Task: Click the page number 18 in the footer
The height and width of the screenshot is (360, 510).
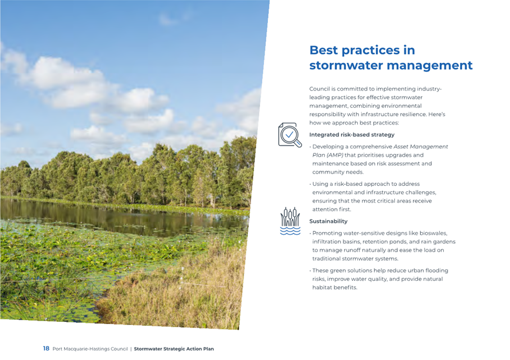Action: pos(46,348)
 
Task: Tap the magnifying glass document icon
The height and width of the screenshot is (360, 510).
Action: pos(290,135)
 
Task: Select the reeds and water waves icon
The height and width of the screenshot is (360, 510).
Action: pos(290,221)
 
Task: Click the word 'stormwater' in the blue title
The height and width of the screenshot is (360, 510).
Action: pos(346,65)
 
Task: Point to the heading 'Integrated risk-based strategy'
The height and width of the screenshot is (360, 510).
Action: pos(352,135)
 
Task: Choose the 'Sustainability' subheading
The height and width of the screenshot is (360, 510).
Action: pos(328,221)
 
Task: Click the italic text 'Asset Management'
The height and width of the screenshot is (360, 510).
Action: pos(421,147)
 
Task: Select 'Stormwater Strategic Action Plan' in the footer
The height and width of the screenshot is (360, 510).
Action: pos(174,349)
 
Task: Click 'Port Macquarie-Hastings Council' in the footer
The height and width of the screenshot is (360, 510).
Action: pos(90,349)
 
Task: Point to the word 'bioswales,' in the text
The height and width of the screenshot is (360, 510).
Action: pos(433,233)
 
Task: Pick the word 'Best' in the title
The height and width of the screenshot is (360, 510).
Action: pos(324,51)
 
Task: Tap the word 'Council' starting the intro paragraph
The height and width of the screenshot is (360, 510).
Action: pos(320,89)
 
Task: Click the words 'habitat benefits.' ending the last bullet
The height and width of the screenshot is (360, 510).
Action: pos(335,288)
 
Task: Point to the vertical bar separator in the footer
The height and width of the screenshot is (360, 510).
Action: pos(131,349)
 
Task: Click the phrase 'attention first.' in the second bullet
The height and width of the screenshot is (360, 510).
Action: pos(332,209)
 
